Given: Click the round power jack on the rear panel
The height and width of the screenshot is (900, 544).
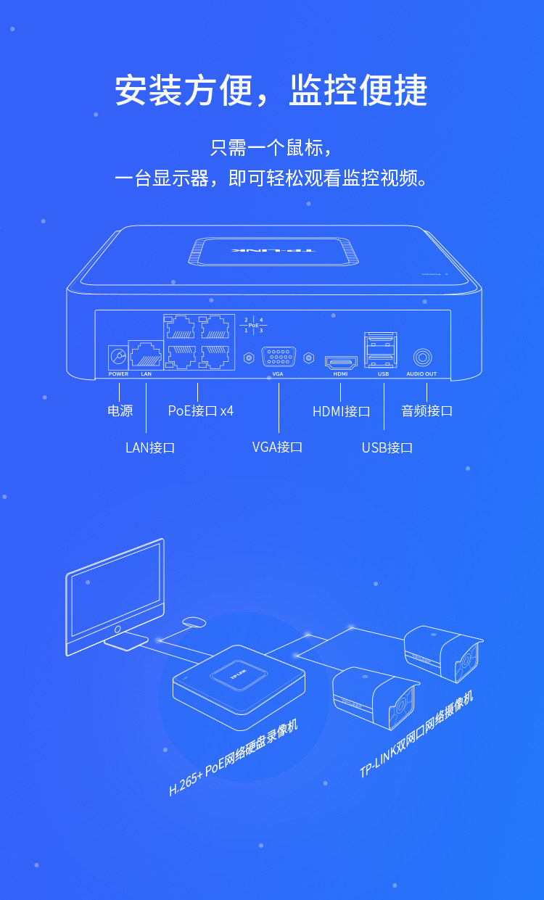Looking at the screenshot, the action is click(118, 357).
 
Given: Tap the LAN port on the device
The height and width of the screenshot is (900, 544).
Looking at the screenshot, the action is click(146, 355).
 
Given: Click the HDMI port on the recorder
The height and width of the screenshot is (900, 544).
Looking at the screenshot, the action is click(340, 360).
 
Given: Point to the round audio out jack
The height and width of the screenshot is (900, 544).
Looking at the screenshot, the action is click(421, 358).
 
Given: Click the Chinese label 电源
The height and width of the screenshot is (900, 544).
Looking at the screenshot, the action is click(120, 410).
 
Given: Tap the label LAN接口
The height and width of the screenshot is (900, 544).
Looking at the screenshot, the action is click(150, 447).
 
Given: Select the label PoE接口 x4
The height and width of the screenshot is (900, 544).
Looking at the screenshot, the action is click(201, 410).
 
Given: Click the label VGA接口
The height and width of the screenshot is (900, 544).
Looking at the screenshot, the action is click(277, 447).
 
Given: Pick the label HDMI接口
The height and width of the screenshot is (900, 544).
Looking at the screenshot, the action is click(341, 411).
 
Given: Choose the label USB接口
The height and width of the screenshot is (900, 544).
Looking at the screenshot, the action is click(387, 447).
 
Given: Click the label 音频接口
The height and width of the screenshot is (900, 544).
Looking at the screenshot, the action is click(426, 410).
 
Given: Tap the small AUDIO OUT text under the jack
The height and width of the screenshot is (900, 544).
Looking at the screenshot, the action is click(421, 374).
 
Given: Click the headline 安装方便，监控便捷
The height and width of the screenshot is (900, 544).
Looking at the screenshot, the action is click(271, 91).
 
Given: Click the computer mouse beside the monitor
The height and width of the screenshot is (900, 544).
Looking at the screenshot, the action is click(194, 622).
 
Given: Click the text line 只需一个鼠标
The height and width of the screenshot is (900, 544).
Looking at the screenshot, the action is click(271, 149).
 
